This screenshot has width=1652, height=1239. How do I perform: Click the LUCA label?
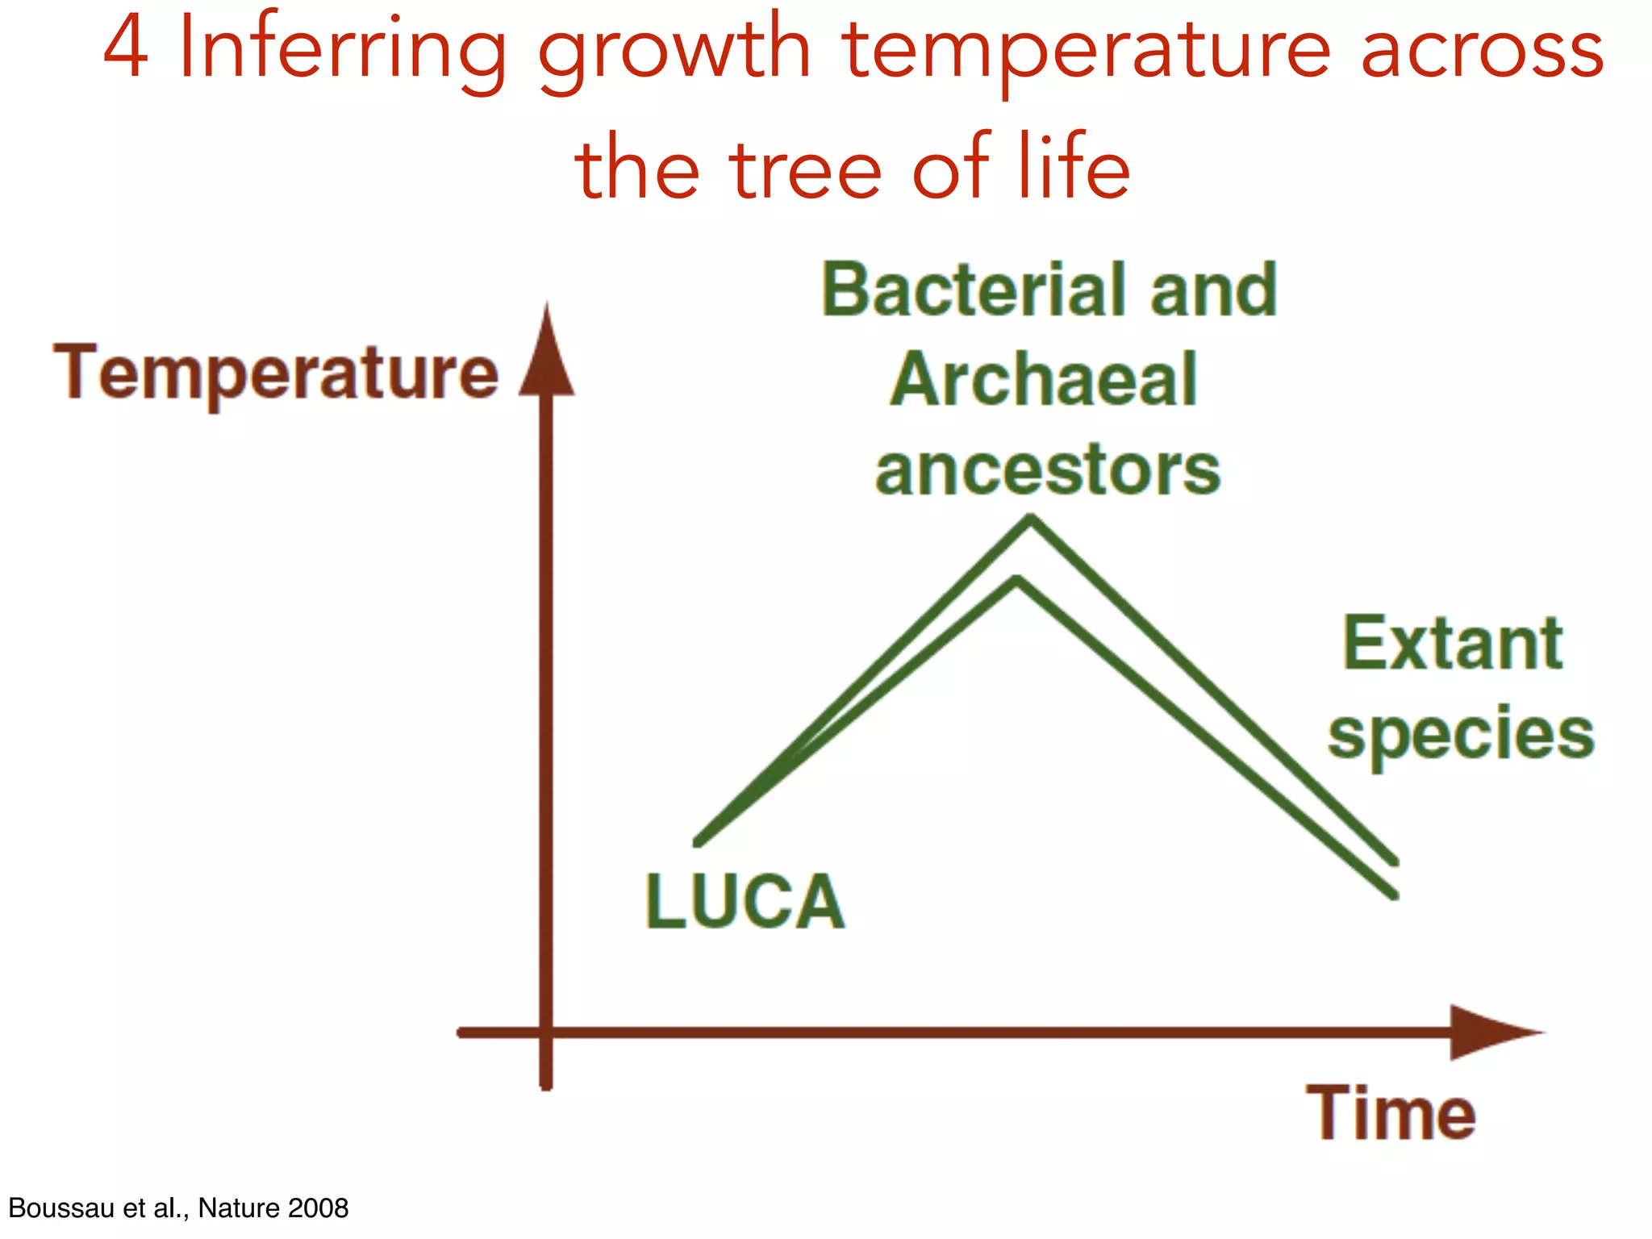coord(745,902)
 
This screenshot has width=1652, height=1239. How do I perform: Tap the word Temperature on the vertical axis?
coord(276,373)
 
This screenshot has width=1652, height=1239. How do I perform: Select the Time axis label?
coord(1391,1113)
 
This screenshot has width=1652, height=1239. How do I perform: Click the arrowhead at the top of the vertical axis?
coord(547,355)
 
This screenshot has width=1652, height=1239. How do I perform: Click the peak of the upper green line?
coord(1030,519)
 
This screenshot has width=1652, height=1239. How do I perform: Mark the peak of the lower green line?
coord(1018,581)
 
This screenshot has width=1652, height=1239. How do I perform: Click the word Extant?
coord(1453,644)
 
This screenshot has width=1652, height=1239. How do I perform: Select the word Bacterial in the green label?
coord(973,290)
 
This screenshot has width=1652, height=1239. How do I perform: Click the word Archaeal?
coord(1044,381)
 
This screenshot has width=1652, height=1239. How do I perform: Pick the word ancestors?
coord(1047,471)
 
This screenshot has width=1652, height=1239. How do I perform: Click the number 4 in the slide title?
coord(127,48)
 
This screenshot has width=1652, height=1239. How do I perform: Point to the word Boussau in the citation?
coord(60,1208)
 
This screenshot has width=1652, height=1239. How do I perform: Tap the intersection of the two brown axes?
coord(547,1032)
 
